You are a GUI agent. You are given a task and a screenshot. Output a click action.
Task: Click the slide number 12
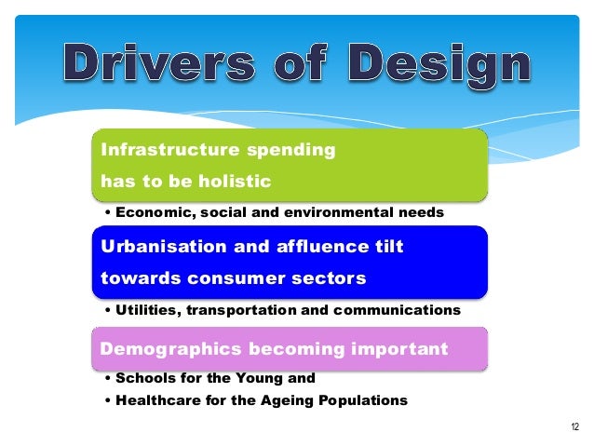pyautogui.click(x=574, y=427)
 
